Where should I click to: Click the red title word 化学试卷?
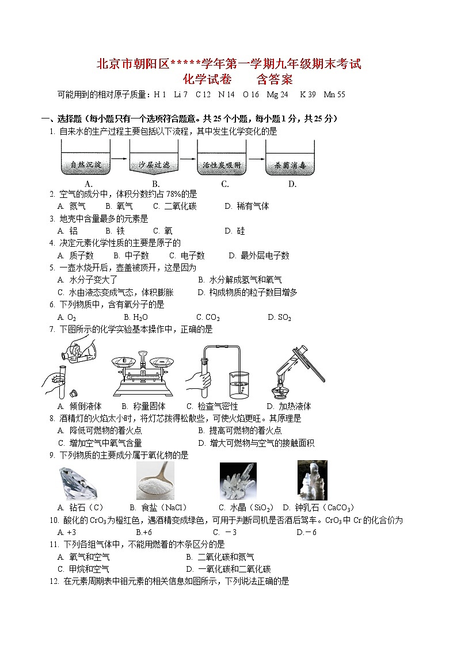pyautogui.click(x=209, y=79)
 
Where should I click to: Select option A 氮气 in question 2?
pyautogui.click(x=72, y=206)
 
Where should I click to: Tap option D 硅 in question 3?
pyautogui.click(x=234, y=231)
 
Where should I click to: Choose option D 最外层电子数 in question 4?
pyautogui.click(x=258, y=255)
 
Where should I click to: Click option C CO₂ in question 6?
pyautogui.click(x=208, y=317)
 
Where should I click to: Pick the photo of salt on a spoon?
pyautogui.click(x=155, y=481)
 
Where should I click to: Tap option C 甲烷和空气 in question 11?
pyautogui.click(x=83, y=569)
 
